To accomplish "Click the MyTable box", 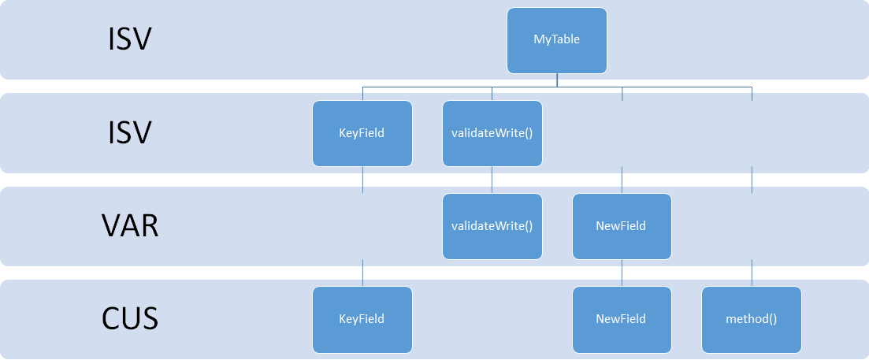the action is pyautogui.click(x=557, y=40).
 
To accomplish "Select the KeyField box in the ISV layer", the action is pyautogui.click(x=362, y=133).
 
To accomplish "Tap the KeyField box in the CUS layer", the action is pyautogui.click(x=362, y=320).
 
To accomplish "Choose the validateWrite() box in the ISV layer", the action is pyautogui.click(x=492, y=133).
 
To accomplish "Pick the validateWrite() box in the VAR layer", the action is pyautogui.click(x=492, y=227).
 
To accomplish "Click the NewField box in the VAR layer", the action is pyautogui.click(x=622, y=227).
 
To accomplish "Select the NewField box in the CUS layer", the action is pyautogui.click(x=622, y=320).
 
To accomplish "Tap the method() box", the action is pyautogui.click(x=752, y=320).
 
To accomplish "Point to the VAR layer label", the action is pyautogui.click(x=130, y=227).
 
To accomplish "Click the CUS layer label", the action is pyautogui.click(x=130, y=320).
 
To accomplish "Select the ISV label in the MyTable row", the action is pyautogui.click(x=129, y=40).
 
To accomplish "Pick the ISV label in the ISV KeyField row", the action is pyautogui.click(x=129, y=133).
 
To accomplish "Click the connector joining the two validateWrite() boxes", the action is pyautogui.click(x=492, y=180).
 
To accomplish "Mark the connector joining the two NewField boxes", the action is pyautogui.click(x=622, y=273).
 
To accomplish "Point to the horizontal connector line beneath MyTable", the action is pyautogui.click(x=557, y=87).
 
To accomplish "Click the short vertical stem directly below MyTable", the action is pyautogui.click(x=557, y=80).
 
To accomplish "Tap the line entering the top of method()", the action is pyautogui.click(x=752, y=273).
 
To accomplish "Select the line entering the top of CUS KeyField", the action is pyautogui.click(x=362, y=273).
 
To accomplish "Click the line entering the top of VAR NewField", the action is pyautogui.click(x=622, y=180).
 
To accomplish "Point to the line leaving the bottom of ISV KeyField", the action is pyautogui.click(x=362, y=180).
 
